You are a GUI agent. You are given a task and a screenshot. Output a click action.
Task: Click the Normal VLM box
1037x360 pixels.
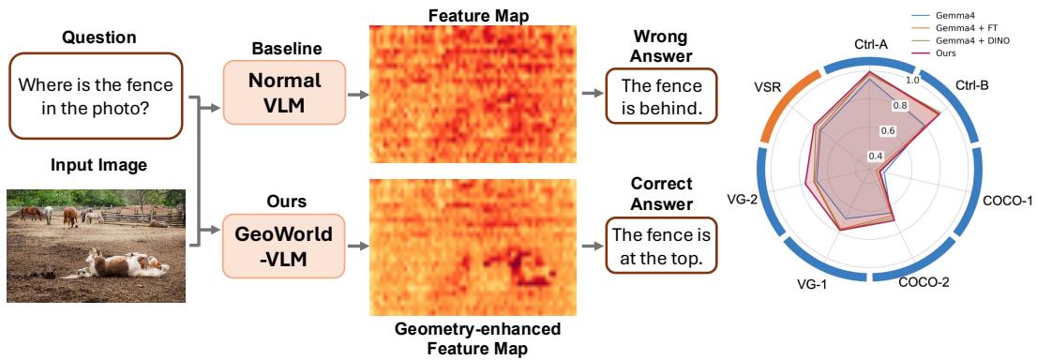pyautogui.click(x=284, y=92)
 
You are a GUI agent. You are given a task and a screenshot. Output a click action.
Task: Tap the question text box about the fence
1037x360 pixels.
pyautogui.click(x=96, y=96)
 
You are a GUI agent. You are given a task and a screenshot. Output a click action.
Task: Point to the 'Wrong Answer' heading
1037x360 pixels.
pyautogui.click(x=661, y=47)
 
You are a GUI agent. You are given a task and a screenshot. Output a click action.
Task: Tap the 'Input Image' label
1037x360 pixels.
pyautogui.click(x=98, y=165)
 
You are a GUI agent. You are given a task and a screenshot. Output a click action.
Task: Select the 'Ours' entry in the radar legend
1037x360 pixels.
pyautogui.click(x=946, y=52)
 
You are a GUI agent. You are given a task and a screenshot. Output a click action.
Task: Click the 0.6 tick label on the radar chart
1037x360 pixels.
pyautogui.click(x=889, y=130)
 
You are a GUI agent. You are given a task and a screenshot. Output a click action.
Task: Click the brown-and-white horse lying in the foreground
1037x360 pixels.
pyautogui.click(x=126, y=263)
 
